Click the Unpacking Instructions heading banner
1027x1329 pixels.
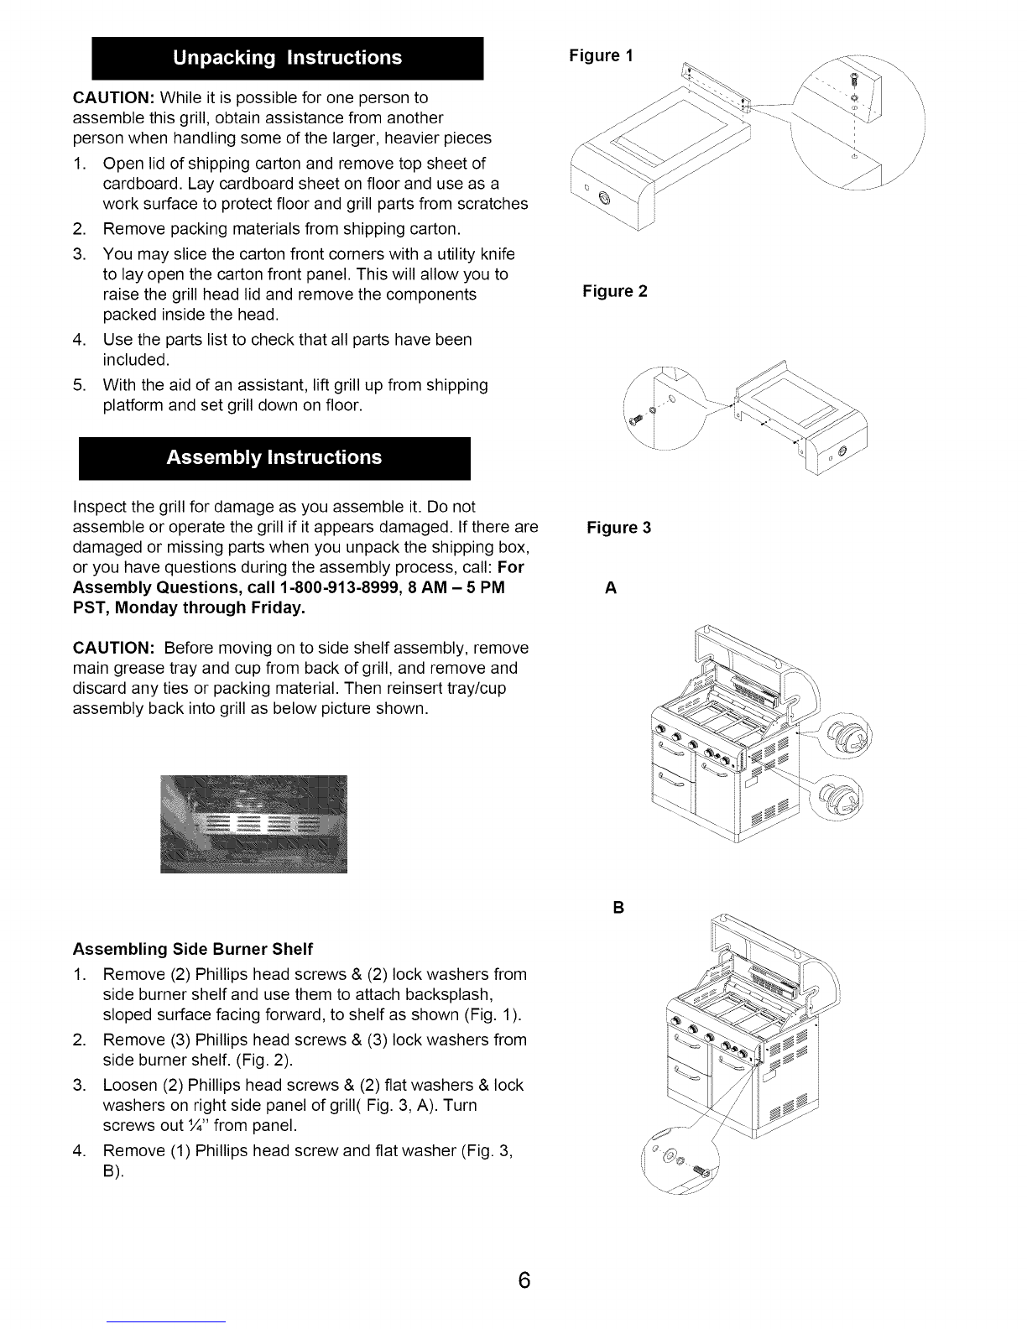point(288,58)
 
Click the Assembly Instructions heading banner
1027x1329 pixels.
point(274,458)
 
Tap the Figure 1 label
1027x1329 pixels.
point(602,55)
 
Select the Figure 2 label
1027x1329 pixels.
point(615,291)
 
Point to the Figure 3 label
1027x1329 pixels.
point(619,528)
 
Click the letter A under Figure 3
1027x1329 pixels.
point(611,588)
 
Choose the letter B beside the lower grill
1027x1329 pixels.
point(618,908)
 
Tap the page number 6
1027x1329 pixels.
point(524,1280)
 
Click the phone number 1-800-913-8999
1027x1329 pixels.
point(340,588)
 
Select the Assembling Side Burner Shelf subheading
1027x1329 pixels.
point(193,949)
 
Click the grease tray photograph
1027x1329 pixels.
point(254,824)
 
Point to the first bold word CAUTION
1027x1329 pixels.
point(113,98)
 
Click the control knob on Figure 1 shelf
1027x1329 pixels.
point(604,198)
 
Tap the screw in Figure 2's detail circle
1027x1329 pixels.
point(635,420)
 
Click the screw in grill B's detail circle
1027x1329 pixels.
point(701,1170)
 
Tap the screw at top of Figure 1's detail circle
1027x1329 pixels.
point(854,78)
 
